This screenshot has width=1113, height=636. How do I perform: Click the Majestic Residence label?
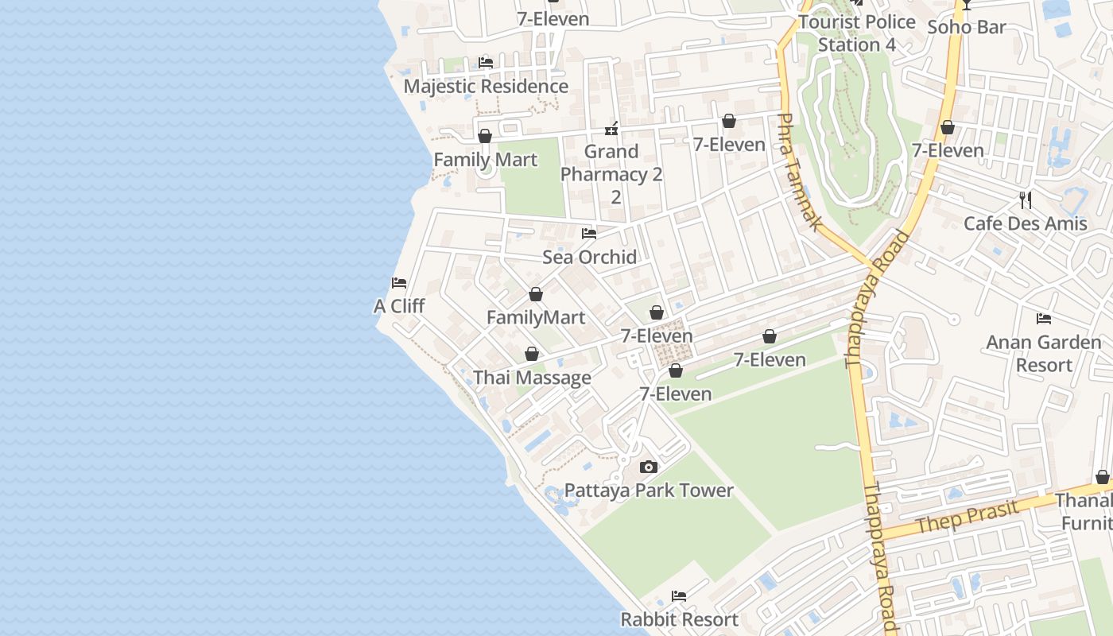486,86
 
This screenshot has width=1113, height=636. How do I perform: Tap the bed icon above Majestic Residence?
486,62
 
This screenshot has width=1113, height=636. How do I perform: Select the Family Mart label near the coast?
485,160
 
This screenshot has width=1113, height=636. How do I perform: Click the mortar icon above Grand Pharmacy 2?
611,128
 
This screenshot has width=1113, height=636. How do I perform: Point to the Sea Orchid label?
589,257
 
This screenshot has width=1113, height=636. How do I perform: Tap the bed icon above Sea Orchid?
589,234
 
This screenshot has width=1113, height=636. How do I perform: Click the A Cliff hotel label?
399,306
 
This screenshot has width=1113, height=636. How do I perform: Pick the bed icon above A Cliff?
399,283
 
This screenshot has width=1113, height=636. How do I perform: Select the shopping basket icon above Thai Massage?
532,354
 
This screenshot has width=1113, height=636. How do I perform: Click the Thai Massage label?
532,378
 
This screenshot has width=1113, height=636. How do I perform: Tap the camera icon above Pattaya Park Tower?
649,467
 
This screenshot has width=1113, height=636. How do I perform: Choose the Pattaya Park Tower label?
649,491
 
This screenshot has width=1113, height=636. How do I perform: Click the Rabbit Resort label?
679,619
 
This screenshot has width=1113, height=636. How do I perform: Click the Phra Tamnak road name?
797,172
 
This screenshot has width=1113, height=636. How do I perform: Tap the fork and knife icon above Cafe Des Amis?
1026,200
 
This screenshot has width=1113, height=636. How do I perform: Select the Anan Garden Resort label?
1044,354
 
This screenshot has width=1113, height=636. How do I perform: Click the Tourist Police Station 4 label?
857,33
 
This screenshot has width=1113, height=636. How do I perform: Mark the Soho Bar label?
967,27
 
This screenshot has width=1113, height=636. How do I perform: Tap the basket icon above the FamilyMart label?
536,295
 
